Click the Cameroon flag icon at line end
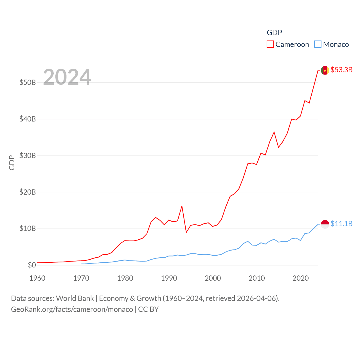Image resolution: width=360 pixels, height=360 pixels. (x=325, y=70)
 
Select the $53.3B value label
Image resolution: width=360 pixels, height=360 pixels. (x=341, y=70)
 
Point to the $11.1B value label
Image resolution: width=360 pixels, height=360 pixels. (x=341, y=224)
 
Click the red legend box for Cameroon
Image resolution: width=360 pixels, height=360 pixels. (x=270, y=44)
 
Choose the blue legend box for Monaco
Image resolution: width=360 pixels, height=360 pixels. (x=318, y=44)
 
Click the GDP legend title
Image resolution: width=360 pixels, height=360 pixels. (x=274, y=33)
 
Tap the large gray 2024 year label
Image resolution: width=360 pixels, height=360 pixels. (x=67, y=77)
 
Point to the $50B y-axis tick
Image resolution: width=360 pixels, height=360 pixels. (x=28, y=82)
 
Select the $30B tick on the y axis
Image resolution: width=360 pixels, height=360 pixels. (x=28, y=156)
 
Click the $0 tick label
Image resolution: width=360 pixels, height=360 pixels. (x=32, y=265)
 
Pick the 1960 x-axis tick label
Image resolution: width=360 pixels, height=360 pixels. (x=37, y=278)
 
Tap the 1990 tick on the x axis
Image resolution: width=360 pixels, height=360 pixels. (x=169, y=278)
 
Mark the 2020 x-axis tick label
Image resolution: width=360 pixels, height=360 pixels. (x=301, y=278)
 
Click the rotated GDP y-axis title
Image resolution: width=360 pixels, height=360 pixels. (x=12, y=163)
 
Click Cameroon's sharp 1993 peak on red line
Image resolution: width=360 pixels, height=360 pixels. (x=182, y=206)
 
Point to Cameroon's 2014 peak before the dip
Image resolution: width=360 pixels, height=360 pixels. (x=274, y=132)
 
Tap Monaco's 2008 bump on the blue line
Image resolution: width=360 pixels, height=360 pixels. (x=248, y=241)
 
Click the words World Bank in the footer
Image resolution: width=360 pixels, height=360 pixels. (x=75, y=298)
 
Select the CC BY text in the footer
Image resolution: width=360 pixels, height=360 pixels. (x=148, y=309)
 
